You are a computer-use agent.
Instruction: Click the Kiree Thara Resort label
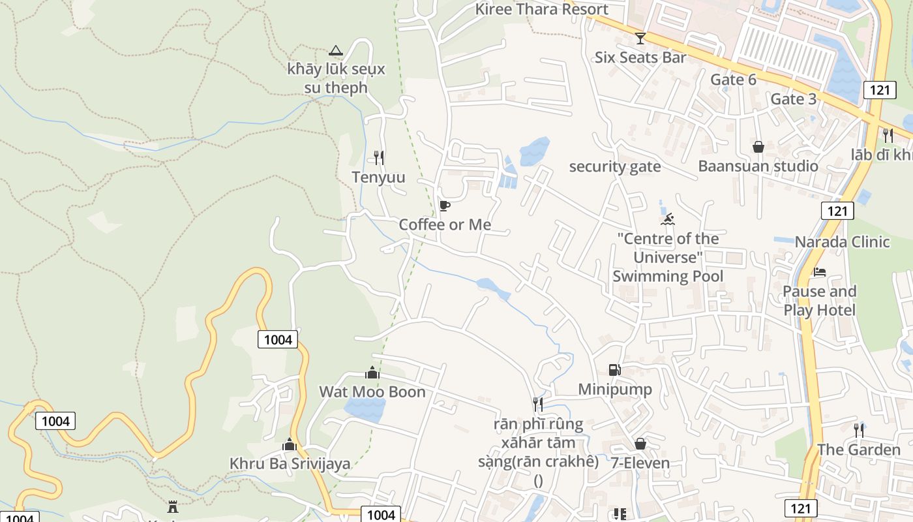click(x=541, y=9)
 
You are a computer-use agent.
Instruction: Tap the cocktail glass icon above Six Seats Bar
click(x=640, y=38)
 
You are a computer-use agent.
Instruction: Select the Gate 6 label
click(x=733, y=80)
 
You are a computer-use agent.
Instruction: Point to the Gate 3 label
click(x=793, y=99)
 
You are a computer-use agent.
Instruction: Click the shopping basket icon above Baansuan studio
click(x=758, y=147)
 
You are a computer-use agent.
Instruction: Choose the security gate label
click(x=614, y=167)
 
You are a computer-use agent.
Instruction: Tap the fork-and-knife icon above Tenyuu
click(x=378, y=157)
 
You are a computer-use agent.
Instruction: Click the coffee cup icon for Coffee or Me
click(x=445, y=206)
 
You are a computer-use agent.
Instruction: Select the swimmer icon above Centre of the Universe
click(x=667, y=219)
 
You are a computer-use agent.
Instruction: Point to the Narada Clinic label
click(x=841, y=242)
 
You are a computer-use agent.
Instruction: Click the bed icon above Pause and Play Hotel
click(x=819, y=272)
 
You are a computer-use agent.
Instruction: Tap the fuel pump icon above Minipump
click(x=614, y=370)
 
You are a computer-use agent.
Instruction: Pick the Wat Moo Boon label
click(x=372, y=392)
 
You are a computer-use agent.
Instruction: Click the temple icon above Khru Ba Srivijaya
click(x=290, y=445)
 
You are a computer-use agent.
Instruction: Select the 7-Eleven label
click(x=640, y=463)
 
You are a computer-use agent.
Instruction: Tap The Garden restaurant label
click(x=858, y=450)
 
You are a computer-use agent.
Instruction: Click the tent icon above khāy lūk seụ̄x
click(x=335, y=50)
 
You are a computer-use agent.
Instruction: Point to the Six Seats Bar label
click(x=640, y=57)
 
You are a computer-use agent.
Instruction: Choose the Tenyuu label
click(x=378, y=177)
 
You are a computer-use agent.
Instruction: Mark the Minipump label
click(x=614, y=390)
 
